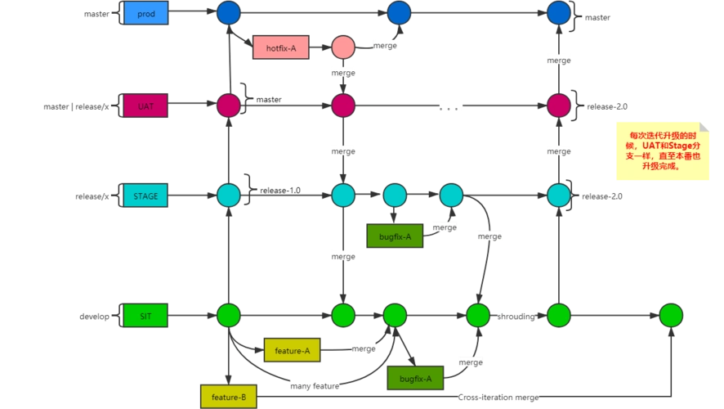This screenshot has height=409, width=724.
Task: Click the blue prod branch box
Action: [x=146, y=13]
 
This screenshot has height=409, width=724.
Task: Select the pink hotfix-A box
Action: [x=281, y=48]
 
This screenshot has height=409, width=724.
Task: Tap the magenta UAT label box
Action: [x=146, y=106]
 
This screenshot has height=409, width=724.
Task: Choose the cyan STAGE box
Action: [x=146, y=196]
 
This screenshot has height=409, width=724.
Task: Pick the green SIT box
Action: [x=146, y=315]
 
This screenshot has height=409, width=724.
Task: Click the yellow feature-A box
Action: [x=292, y=350]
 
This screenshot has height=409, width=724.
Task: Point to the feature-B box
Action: [x=229, y=397]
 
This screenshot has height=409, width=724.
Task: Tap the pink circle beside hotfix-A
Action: [x=343, y=47]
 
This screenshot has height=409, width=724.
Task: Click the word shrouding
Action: [x=516, y=316]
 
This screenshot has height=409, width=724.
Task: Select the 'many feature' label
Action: [x=315, y=385]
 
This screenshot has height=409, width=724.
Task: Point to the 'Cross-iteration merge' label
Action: [x=499, y=398]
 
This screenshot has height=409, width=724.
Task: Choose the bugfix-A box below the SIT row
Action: [x=415, y=378]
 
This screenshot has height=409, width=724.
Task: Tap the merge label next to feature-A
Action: [x=363, y=348]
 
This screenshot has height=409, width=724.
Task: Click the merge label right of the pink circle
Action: [x=385, y=46]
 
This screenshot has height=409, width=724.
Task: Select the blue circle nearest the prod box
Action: [x=229, y=13]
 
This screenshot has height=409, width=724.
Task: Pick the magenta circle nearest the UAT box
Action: [x=229, y=106]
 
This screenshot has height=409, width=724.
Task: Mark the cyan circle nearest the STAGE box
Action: [x=229, y=196]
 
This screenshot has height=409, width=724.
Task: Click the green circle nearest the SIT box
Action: [x=229, y=315]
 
